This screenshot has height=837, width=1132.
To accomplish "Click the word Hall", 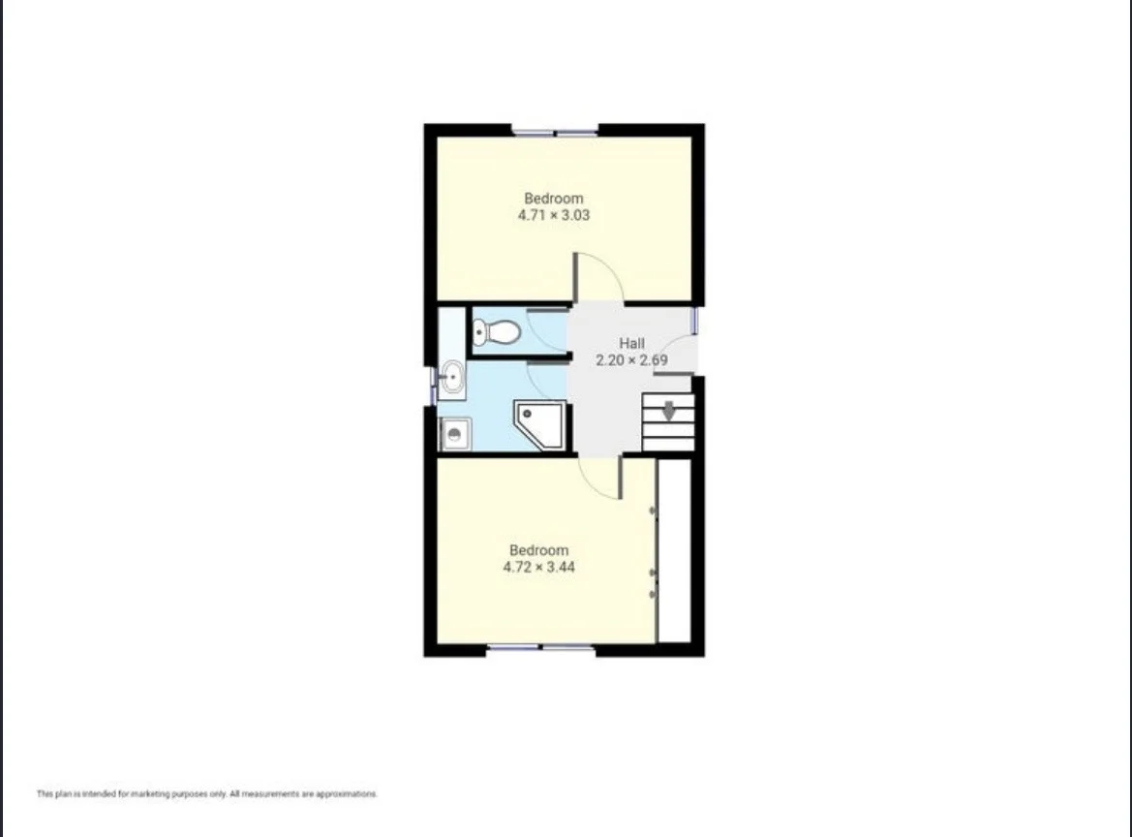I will coord(631,343).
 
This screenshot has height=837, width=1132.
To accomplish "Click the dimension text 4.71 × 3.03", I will coord(553,215).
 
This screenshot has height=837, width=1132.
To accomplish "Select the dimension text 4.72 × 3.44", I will coord(538,567).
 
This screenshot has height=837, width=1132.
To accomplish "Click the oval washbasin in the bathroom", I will coord(451,377).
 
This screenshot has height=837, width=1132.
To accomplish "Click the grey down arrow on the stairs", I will coord(669,411).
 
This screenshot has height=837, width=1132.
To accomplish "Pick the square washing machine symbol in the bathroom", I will coord(455,434).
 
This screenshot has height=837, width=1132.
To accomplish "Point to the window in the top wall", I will coord(555,131).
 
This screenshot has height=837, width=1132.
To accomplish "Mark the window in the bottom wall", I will coord(540,648).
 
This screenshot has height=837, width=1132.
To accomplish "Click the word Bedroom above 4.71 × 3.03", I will coord(554,199).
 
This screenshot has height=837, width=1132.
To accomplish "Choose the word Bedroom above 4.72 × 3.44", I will coord(538,550).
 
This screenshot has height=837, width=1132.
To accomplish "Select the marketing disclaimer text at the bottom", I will coord(206,794).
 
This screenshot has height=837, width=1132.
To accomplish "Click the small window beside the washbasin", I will coord(432,384).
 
